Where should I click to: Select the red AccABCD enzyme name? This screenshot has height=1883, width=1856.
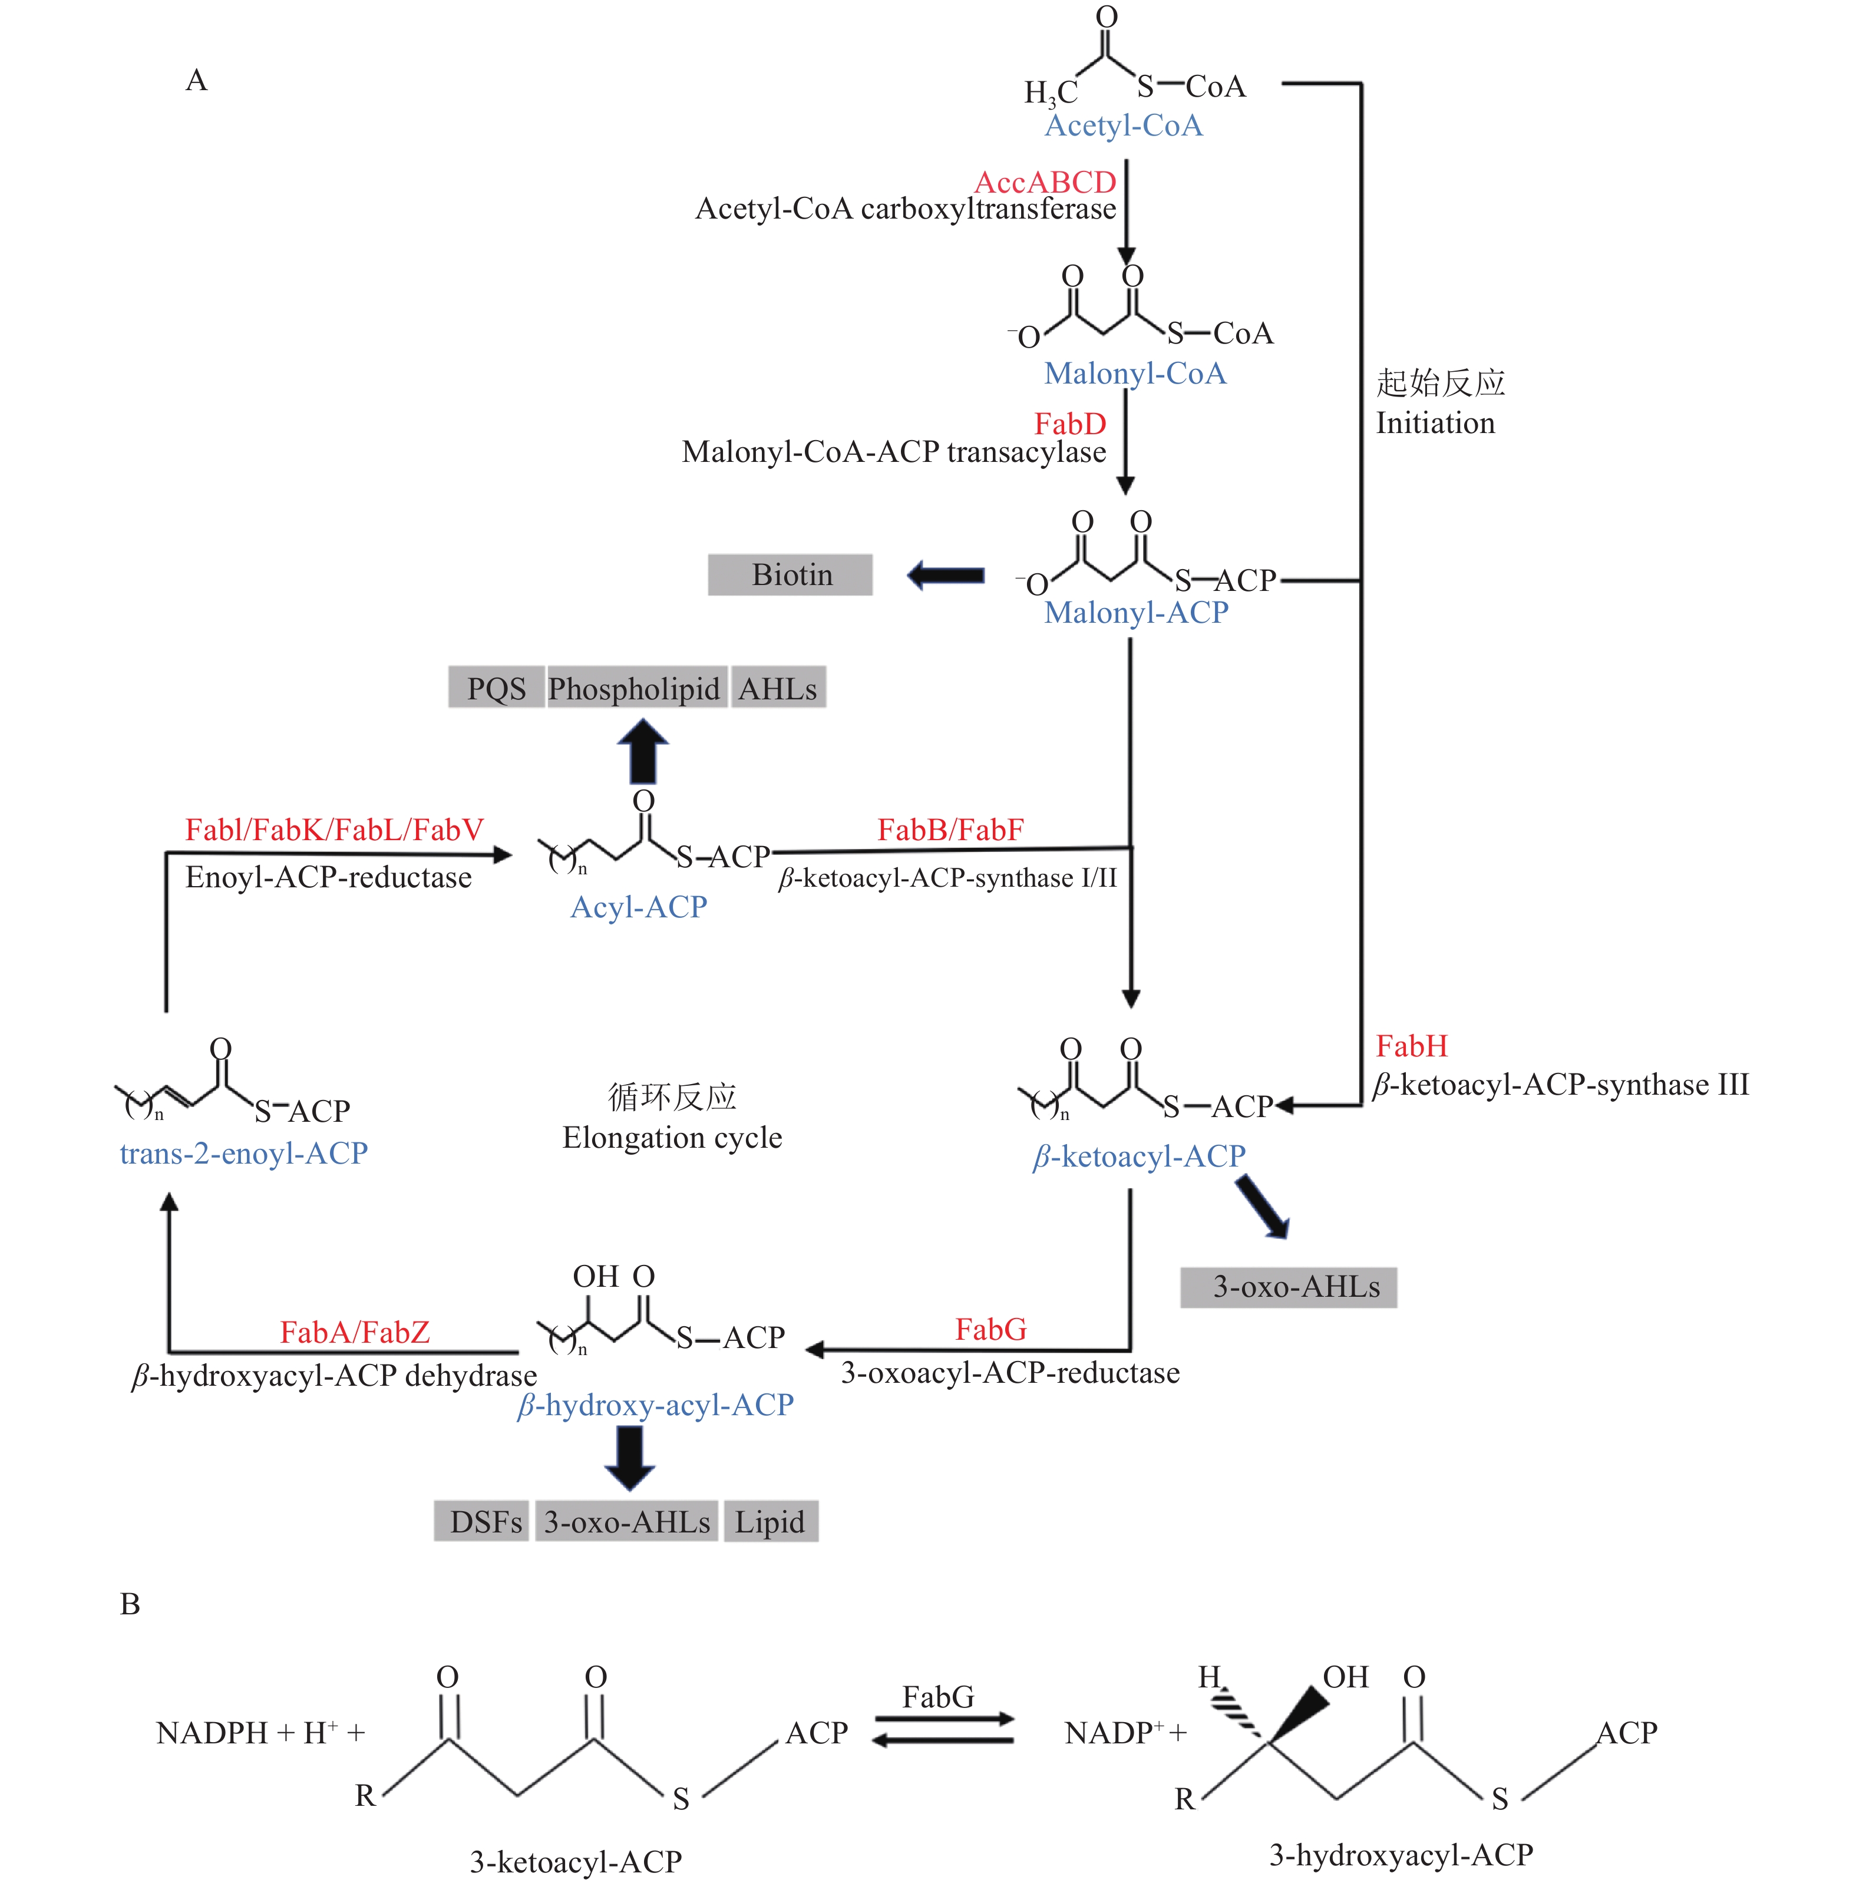click(x=1045, y=182)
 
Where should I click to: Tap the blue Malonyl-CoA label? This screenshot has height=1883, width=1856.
click(x=1135, y=374)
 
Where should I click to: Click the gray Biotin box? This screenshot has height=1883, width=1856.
click(x=791, y=575)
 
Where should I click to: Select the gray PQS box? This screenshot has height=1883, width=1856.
click(x=496, y=688)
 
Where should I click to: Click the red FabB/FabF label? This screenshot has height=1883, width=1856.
click(x=950, y=830)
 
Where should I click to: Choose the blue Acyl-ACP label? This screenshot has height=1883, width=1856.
click(x=639, y=907)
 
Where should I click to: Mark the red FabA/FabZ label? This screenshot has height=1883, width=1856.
click(x=354, y=1332)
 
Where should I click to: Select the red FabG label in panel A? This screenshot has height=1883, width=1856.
click(x=990, y=1329)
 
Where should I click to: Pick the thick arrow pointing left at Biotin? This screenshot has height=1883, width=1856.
click(x=946, y=575)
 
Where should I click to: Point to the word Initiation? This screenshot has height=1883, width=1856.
click(x=1435, y=423)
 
